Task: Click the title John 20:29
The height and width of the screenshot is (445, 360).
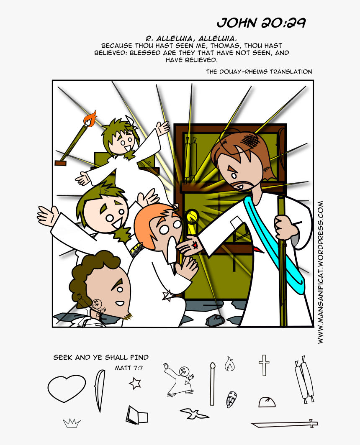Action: click(261, 23)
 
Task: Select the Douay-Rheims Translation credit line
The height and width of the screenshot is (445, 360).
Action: click(259, 72)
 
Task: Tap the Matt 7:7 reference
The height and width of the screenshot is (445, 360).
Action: click(129, 368)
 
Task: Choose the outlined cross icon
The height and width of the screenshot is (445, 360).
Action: click(264, 365)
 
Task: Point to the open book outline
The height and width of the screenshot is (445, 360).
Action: click(137, 415)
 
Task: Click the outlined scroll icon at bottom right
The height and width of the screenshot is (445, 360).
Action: click(304, 381)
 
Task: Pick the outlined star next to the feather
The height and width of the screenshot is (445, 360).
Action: click(135, 383)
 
